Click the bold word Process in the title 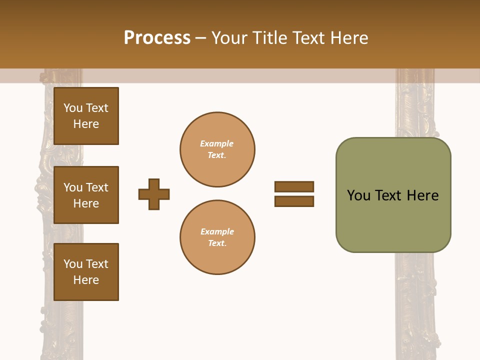tap(157, 38)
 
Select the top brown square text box tap(86, 116)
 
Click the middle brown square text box tap(86, 195)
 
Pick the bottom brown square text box tap(86, 272)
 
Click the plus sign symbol tap(154, 194)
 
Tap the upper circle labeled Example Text tap(217, 149)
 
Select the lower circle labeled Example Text tap(217, 237)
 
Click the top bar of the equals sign tap(294, 186)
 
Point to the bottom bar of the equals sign tap(294, 201)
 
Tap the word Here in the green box tap(422, 195)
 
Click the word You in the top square tap(73, 108)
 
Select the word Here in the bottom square tap(86, 280)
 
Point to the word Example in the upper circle tap(217, 143)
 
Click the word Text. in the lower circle tap(217, 243)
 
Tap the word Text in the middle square tap(97, 187)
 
